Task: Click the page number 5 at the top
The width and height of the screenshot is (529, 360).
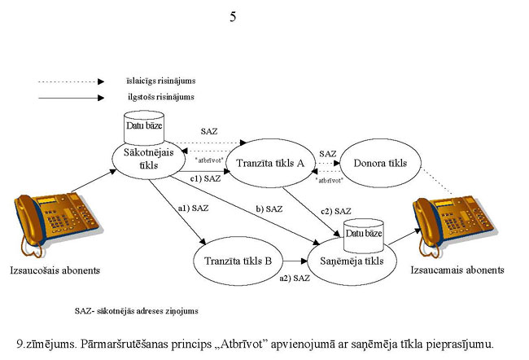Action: (234, 17)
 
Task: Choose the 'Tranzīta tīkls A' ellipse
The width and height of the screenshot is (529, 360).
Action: (269, 164)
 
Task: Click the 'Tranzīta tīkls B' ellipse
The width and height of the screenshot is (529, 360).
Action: (238, 262)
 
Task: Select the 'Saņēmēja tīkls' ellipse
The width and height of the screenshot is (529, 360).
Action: (352, 261)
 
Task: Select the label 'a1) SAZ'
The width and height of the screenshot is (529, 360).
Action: (193, 209)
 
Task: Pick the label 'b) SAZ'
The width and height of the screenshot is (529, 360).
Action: (269, 209)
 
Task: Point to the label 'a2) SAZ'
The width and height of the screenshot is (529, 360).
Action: (295, 279)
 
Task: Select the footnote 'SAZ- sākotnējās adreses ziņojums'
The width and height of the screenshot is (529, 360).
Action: (136, 310)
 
